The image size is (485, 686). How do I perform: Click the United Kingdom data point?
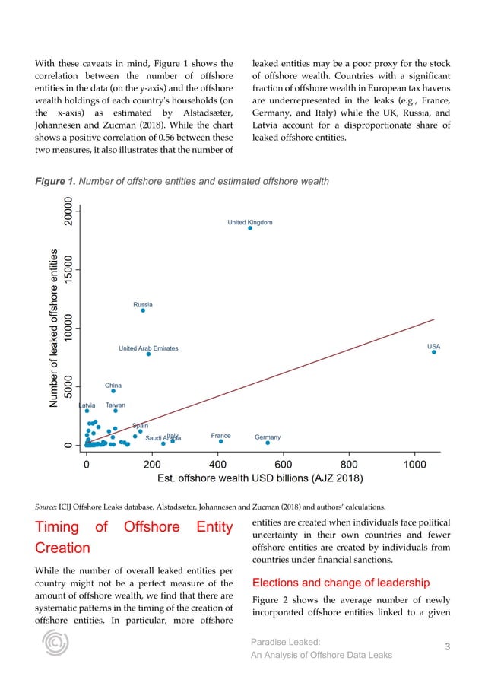(250, 227)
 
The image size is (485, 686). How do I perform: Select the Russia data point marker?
(143, 310)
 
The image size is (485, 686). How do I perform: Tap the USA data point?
(434, 351)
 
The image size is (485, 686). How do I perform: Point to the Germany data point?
(268, 443)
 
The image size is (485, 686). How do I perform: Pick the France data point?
(221, 441)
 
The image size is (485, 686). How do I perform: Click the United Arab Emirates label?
(148, 348)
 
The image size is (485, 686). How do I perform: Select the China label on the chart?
(113, 386)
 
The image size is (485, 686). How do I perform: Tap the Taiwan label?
(116, 405)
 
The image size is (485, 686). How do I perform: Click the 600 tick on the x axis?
(284, 463)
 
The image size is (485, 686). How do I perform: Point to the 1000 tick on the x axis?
(414, 463)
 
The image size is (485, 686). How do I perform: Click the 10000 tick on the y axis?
(69, 328)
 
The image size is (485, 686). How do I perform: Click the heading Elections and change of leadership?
(328, 583)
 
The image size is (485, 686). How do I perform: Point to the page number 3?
(447, 647)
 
